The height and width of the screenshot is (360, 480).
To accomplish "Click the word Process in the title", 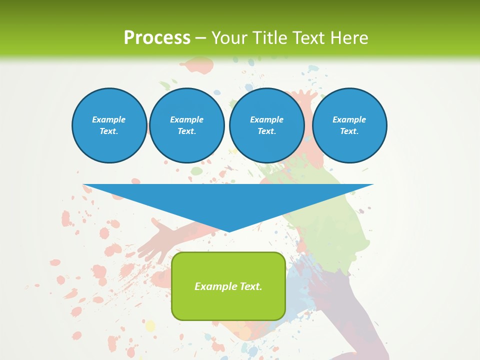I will pos(157,37).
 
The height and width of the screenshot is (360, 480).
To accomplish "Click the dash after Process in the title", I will pos(200,38).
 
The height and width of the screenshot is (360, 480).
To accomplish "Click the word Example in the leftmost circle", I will pos(109,119).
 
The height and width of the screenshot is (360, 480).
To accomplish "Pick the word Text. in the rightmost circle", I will pos(349,131).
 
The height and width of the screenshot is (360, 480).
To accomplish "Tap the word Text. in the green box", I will pos(251,286).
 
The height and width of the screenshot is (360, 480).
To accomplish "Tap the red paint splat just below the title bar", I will pos(198,65).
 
